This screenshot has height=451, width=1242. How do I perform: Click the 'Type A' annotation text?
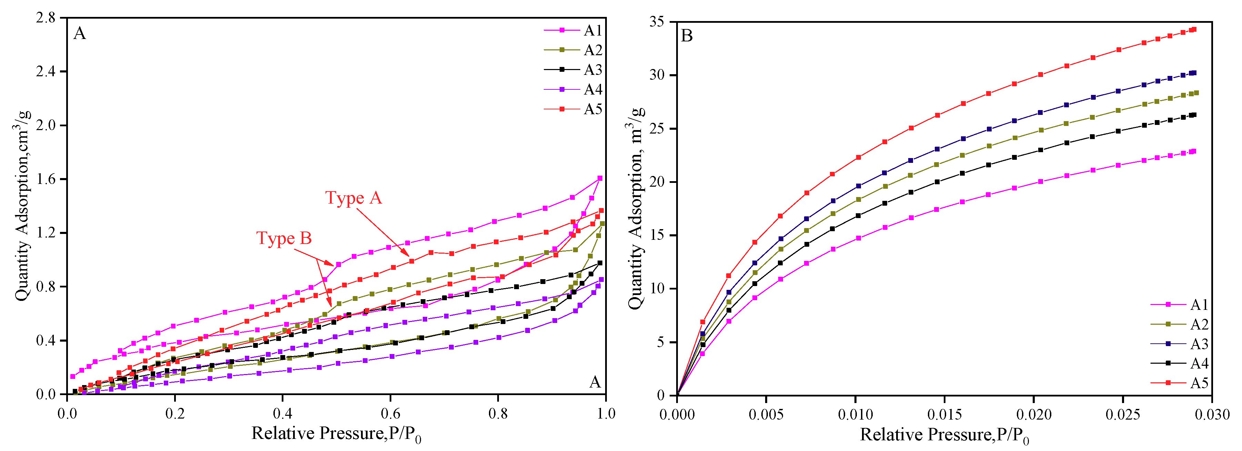pyautogui.click(x=353, y=198)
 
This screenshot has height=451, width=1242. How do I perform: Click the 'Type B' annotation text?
pyautogui.click(x=284, y=238)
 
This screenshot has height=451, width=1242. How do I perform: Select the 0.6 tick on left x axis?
pyautogui.click(x=391, y=414)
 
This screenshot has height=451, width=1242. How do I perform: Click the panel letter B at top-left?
pyautogui.click(x=687, y=36)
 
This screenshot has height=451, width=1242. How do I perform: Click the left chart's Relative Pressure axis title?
pyautogui.click(x=336, y=434)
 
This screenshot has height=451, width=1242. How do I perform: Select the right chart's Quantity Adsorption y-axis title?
pyautogui.click(x=636, y=207)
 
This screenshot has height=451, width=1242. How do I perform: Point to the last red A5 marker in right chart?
pyautogui.click(x=1194, y=29)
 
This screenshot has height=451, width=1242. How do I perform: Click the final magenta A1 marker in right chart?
pyautogui.click(x=1194, y=151)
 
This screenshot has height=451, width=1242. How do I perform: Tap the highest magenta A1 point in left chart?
pyautogui.click(x=600, y=178)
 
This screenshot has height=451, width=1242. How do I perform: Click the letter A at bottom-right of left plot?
pyautogui.click(x=595, y=383)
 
